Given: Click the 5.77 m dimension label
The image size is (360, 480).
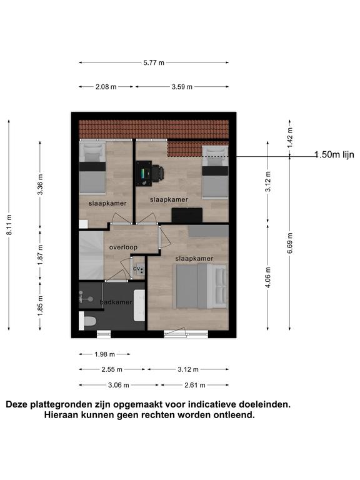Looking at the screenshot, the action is pyautogui.click(x=154, y=62).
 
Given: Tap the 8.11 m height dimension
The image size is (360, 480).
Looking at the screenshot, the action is pyautogui.click(x=9, y=225).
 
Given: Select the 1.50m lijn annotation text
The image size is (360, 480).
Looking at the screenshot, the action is pyautogui.click(x=334, y=154).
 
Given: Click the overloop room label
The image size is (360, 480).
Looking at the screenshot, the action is pyautogui.click(x=123, y=247).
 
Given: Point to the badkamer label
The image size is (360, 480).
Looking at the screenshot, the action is pyautogui.click(x=116, y=302).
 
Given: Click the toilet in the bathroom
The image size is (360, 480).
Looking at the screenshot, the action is pyautogui.click(x=87, y=321).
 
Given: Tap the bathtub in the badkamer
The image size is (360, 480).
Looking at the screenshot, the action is pyautogui.click(x=139, y=305).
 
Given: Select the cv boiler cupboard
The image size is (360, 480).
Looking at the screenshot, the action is pyautogui.click(x=138, y=269).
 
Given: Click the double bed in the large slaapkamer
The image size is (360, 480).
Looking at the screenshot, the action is pyautogui.click(x=201, y=286).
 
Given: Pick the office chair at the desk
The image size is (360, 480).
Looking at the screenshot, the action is pyautogui.click(x=157, y=173).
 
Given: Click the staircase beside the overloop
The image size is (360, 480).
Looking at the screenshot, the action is pyautogui.click(x=91, y=255).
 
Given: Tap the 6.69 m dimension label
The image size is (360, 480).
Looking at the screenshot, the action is pyautogui.click(x=290, y=243).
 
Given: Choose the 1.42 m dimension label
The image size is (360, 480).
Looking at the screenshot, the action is pyautogui.click(x=290, y=137).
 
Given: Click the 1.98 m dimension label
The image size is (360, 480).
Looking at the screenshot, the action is pyautogui.click(x=105, y=354).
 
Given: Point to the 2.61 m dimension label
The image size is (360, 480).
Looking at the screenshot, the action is pyautogui.click(x=195, y=385).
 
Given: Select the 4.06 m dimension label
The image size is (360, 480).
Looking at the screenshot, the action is pyautogui.click(x=268, y=277).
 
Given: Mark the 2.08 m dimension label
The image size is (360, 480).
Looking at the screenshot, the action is pyautogui.click(x=106, y=87).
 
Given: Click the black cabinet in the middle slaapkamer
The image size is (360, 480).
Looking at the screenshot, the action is pyautogui.click(x=187, y=215).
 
